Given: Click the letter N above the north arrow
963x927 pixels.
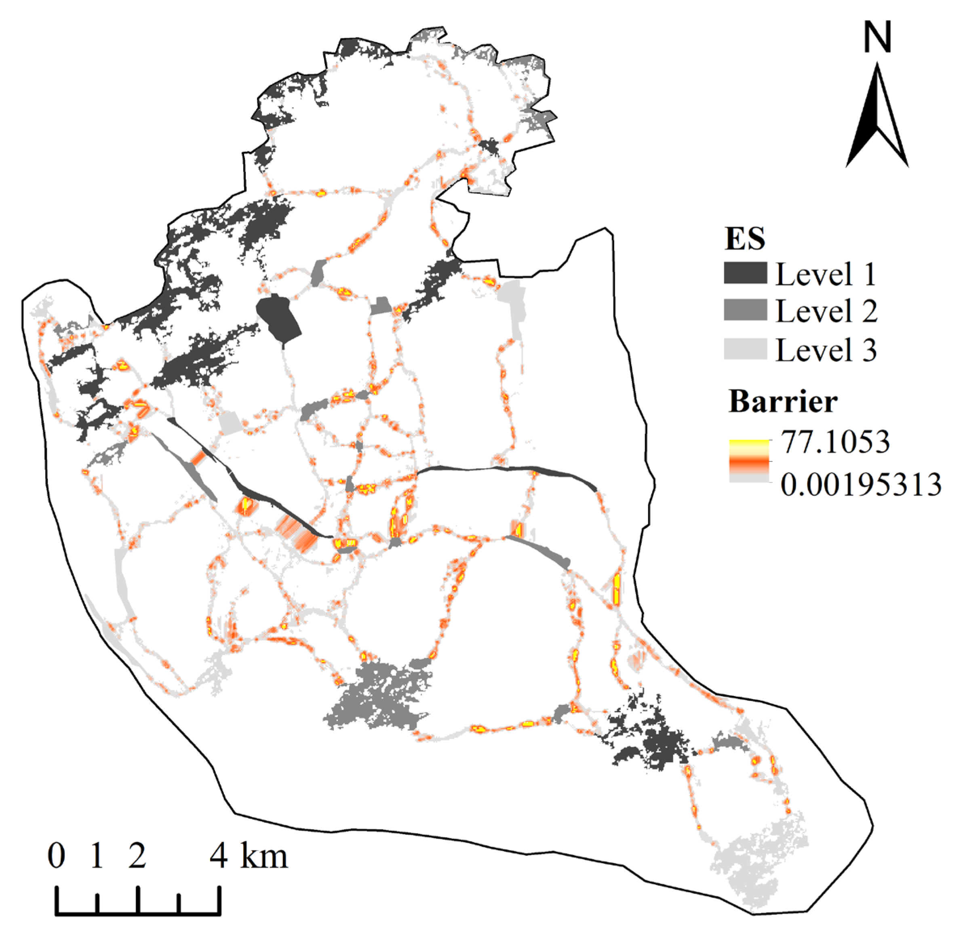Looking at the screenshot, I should (x=877, y=39).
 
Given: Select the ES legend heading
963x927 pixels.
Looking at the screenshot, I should (x=745, y=239).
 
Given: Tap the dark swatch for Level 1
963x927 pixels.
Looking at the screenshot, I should (x=745, y=273).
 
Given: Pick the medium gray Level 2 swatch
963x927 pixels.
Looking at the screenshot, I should (x=745, y=310).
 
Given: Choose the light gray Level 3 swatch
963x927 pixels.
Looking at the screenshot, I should (x=745, y=349).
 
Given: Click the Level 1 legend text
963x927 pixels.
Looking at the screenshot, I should (x=826, y=274).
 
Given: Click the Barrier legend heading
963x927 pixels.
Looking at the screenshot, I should (x=783, y=401).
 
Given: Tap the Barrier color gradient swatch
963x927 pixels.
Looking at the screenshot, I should (x=749, y=460).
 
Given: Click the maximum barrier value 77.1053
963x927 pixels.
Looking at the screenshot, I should (x=835, y=442).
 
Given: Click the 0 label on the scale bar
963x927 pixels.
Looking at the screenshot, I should (x=57, y=856).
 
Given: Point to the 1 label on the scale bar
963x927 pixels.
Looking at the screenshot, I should (x=97, y=856).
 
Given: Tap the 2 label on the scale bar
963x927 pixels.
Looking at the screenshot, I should (x=137, y=856).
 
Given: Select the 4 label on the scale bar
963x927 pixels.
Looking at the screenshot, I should (x=219, y=856).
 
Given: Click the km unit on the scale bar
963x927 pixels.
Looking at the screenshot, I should (x=264, y=856).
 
